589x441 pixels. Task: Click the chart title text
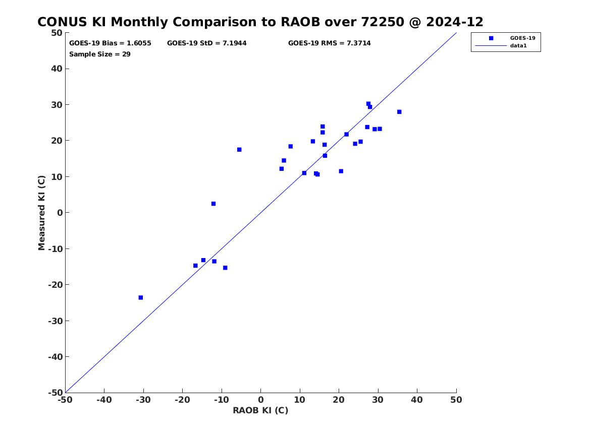[260, 22]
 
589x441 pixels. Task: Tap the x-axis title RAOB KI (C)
[260, 410]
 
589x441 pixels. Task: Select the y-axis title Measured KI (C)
[42, 213]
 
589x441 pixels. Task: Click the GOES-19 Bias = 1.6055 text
[110, 43]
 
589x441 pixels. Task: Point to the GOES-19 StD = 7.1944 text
[207, 43]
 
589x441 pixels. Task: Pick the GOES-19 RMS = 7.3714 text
[330, 43]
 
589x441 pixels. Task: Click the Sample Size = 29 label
[100, 54]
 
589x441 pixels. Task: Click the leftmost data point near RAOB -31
[141, 297]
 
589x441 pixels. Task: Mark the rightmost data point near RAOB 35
[399, 112]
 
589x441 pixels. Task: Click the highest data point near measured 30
[368, 104]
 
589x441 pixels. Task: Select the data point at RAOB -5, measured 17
[239, 150]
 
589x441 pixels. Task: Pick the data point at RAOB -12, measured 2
[213, 204]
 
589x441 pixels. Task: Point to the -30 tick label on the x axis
[143, 400]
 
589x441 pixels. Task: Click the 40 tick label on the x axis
[417, 400]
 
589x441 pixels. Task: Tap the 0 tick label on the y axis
[60, 213]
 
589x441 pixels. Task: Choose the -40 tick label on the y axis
[56, 357]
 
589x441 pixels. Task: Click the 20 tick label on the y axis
[57, 141]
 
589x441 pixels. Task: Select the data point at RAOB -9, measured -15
[225, 268]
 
